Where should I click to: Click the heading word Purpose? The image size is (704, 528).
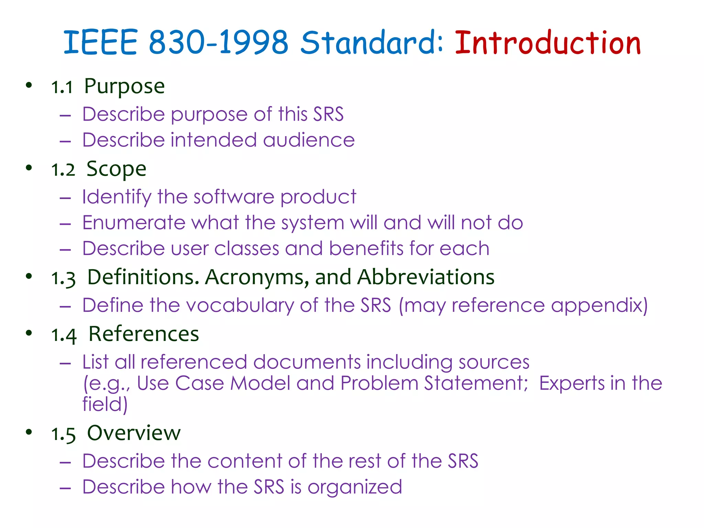click(x=124, y=87)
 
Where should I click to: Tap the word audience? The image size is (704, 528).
click(x=309, y=140)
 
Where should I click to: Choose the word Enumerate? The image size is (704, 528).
click(x=134, y=223)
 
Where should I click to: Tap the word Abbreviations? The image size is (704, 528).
click(x=426, y=277)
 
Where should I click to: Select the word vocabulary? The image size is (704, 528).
click(x=240, y=306)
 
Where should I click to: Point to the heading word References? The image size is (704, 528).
click(x=144, y=334)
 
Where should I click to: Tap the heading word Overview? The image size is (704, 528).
click(x=134, y=433)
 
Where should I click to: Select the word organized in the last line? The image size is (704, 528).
click(x=354, y=487)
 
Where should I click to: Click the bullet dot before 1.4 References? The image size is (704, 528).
click(x=29, y=333)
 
